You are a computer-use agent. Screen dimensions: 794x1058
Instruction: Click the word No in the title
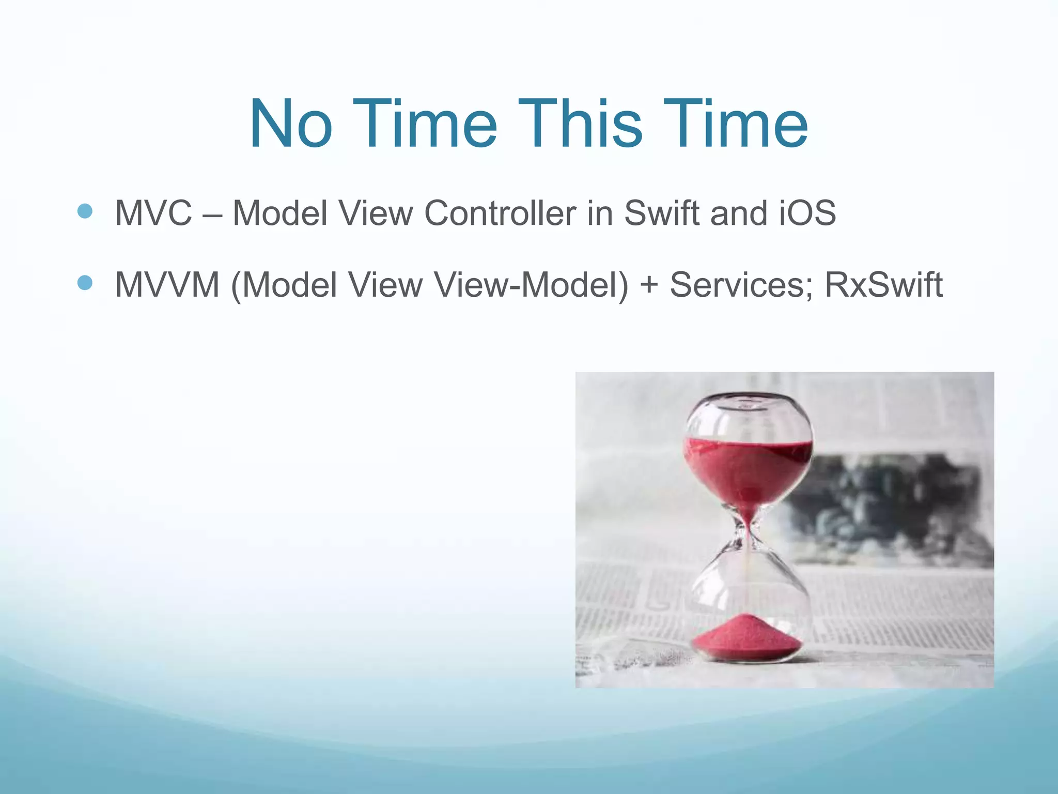tap(290, 125)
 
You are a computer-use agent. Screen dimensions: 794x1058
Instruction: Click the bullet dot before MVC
tap(85, 211)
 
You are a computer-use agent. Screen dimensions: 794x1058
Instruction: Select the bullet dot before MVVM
tap(85, 283)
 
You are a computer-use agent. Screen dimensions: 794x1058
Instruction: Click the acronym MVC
tap(153, 213)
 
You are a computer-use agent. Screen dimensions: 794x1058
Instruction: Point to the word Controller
tap(500, 213)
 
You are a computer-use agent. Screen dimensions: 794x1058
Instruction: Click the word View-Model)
tap(531, 285)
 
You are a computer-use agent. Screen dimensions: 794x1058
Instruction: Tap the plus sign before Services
tap(649, 286)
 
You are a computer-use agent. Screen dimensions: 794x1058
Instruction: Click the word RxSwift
tap(883, 285)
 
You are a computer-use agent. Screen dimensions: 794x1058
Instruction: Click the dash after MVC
tap(212, 214)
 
